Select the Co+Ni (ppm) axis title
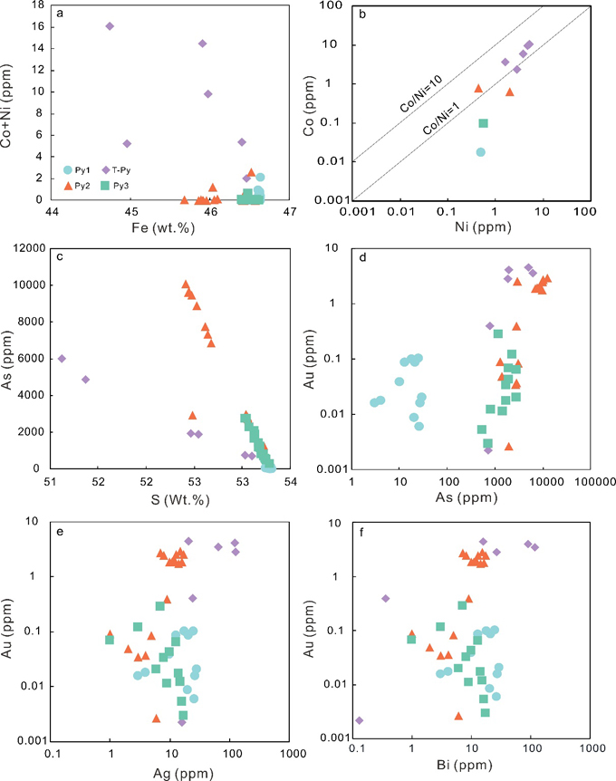[11, 101]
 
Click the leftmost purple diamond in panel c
[62, 359]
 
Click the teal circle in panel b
[481, 152]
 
